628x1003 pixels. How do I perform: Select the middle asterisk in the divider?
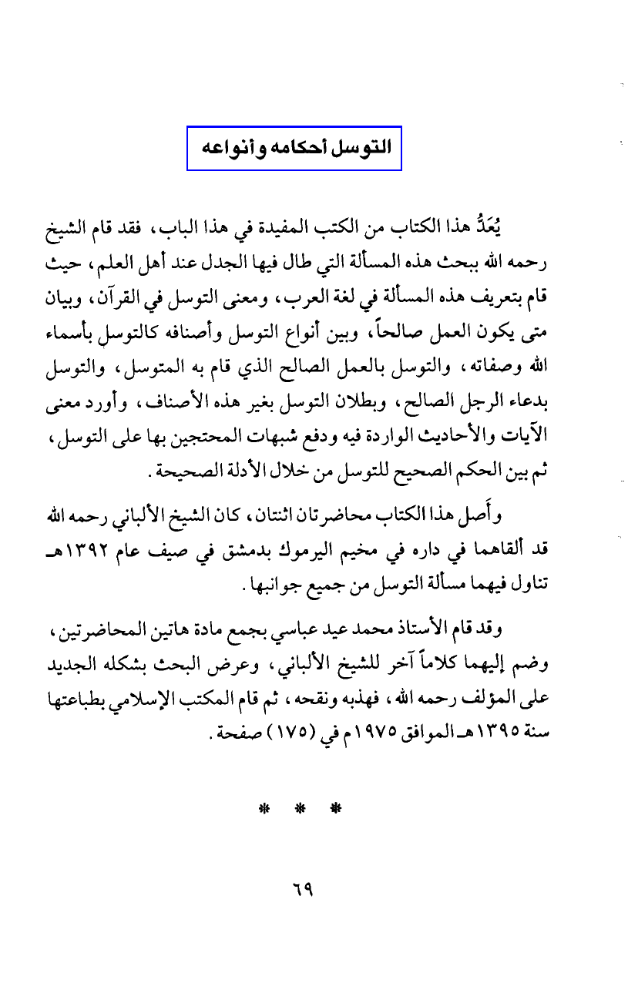[x=297, y=809]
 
